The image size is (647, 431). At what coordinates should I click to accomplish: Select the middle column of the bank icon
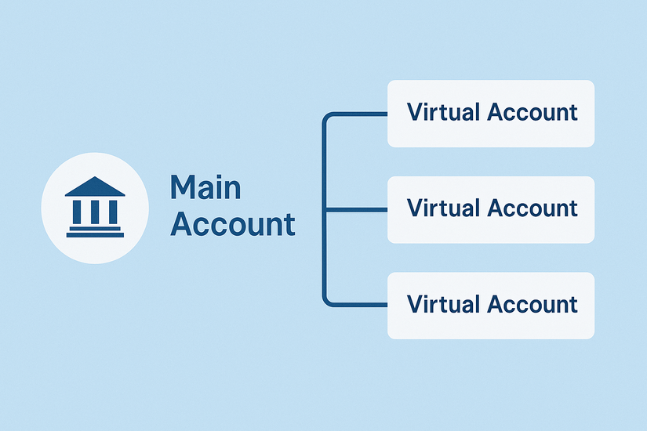(94, 211)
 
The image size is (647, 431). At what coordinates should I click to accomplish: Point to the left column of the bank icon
(78, 211)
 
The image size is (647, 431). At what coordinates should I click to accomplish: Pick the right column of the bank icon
(111, 211)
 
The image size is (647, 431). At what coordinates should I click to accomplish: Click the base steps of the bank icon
(94, 231)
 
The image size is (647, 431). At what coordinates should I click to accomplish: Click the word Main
(205, 188)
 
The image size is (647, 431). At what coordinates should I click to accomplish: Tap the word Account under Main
(233, 224)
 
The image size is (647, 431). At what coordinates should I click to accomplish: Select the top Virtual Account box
(491, 113)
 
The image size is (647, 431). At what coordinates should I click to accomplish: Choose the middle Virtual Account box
(491, 209)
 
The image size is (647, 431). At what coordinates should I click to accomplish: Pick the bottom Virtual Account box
(491, 305)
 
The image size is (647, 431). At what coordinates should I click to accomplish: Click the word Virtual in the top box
(443, 112)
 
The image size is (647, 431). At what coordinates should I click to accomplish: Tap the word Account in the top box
(533, 112)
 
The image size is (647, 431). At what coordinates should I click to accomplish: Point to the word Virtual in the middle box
(443, 208)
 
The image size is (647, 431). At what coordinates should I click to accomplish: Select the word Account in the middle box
(533, 208)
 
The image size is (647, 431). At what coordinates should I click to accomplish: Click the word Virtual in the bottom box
(443, 304)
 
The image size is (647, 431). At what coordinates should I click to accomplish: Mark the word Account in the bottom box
(533, 304)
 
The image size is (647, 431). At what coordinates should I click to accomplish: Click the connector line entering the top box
(361, 114)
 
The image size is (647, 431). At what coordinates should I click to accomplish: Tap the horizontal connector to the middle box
(356, 209)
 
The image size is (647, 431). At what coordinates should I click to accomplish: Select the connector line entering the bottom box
(361, 304)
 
